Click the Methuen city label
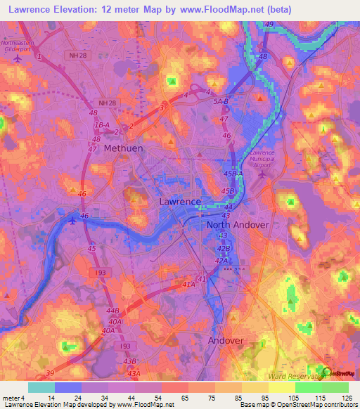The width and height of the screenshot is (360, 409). (x=123, y=149)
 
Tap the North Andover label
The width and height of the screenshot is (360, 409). (x=238, y=225)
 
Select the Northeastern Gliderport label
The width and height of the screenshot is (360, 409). (x=17, y=45)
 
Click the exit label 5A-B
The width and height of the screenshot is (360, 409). (x=221, y=101)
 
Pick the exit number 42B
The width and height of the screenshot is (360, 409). (x=224, y=248)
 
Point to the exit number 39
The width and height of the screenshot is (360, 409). (x=49, y=372)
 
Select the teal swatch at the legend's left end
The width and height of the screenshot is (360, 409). (x=41, y=387)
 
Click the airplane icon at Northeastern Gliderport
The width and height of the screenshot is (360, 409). (x=18, y=58)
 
